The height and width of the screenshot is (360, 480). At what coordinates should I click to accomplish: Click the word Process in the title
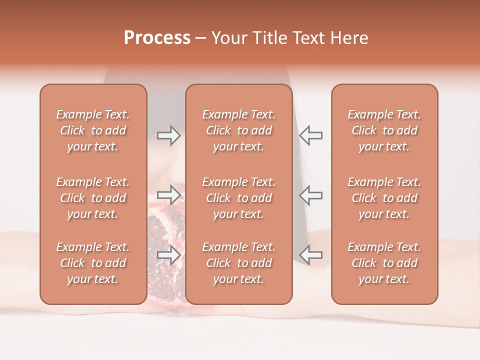click(157, 38)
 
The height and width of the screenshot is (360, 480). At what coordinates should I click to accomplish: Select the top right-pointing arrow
click(169, 135)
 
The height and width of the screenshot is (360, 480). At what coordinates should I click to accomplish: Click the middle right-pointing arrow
click(169, 194)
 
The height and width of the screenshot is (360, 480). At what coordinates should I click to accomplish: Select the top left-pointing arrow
click(310, 135)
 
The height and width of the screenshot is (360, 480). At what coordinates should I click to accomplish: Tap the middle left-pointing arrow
click(310, 194)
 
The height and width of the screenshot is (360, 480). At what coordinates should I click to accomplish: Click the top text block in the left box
click(93, 130)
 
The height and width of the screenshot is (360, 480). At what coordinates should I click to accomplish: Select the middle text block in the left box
click(93, 198)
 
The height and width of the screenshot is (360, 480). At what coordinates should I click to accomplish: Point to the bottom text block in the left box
click(93, 263)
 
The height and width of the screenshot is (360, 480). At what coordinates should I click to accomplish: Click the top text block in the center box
click(239, 130)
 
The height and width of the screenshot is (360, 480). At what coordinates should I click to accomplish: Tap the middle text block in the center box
click(239, 198)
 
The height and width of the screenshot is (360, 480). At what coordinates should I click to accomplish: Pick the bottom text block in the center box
click(239, 263)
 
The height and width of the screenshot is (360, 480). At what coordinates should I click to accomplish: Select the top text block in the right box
click(384, 130)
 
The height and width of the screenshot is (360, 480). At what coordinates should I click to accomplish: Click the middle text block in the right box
click(384, 198)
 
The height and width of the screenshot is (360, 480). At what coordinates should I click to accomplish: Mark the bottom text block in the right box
click(384, 263)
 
